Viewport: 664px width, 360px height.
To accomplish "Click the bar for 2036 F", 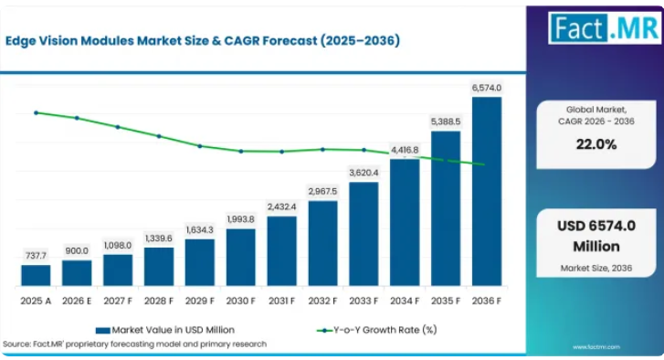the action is [487, 192].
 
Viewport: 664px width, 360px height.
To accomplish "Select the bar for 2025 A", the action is [36, 275].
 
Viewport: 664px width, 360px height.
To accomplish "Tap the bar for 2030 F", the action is [241, 258].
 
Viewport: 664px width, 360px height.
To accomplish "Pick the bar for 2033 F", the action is [364, 234].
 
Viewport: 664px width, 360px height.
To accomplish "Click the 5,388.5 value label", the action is [446, 122].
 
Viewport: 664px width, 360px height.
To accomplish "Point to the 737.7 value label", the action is [36, 256].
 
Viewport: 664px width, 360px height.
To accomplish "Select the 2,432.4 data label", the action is [281, 206].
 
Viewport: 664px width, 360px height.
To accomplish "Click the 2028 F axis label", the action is [159, 301].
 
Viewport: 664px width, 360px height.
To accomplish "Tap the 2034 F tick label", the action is [405, 301].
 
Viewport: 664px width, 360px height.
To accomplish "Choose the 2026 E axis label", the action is [77, 301].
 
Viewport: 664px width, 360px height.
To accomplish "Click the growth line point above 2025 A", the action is [36, 113].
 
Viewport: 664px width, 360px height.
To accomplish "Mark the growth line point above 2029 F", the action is [200, 146].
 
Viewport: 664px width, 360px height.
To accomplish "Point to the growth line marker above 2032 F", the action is [322, 150].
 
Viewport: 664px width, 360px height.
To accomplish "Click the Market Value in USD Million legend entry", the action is [165, 330].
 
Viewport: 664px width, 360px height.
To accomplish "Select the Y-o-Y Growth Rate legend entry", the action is [377, 330].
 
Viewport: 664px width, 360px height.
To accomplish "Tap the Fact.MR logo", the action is [605, 28].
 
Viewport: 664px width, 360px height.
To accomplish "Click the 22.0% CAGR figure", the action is [596, 144].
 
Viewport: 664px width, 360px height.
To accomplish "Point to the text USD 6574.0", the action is [596, 226].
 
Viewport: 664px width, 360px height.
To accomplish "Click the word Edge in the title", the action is [20, 41].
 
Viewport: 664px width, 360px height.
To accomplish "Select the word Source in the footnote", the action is [16, 344].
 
